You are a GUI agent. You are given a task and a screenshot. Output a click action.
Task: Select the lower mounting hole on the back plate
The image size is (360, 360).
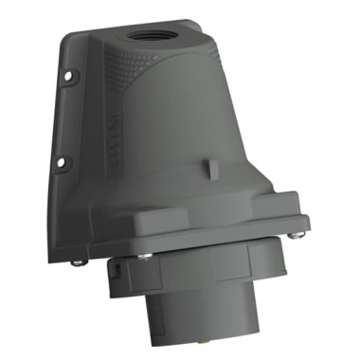click(60, 163)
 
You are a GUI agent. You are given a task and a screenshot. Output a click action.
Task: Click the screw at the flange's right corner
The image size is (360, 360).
click(298, 226)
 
